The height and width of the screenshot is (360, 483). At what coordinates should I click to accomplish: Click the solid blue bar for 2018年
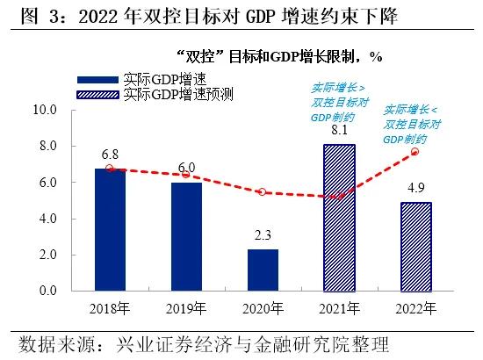pos(110,229)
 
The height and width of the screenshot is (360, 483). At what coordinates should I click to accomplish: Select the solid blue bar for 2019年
pos(185,236)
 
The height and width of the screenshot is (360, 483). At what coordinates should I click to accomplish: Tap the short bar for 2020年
pos(262,270)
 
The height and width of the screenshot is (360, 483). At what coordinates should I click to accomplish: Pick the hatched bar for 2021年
pos(338,218)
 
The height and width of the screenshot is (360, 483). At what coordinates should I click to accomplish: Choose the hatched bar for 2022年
pos(415,247)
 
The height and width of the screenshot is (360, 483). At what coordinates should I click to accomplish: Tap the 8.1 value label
pos(338,131)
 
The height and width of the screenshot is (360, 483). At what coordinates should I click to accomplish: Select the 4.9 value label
pos(415,188)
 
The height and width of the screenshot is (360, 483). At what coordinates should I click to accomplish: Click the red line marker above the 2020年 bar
pos(262,191)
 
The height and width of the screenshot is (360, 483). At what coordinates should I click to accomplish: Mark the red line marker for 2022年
pos(415,152)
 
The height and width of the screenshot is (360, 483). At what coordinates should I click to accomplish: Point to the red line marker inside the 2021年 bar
pos(338,197)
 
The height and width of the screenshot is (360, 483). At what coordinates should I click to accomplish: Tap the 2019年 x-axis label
pos(185,307)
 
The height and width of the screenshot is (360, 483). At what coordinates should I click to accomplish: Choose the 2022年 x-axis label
pos(415,307)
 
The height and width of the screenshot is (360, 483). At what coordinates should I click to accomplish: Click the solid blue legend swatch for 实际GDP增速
pos(99,79)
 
